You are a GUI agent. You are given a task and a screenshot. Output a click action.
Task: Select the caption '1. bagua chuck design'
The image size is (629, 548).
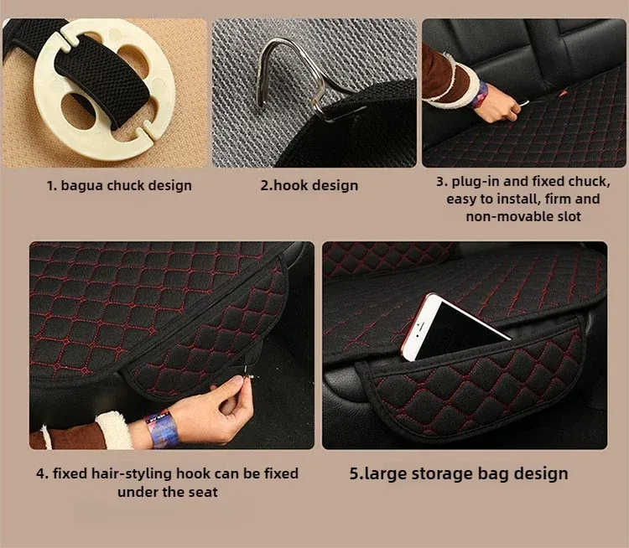(119, 185)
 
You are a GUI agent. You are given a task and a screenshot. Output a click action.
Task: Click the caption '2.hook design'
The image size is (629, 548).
(309, 185)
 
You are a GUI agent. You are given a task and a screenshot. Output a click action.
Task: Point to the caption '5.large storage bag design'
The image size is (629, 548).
(459, 473)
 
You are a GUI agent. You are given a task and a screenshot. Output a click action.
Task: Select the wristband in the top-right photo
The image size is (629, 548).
(480, 95)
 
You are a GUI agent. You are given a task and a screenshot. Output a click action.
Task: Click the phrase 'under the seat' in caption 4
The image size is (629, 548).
(167, 492)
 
